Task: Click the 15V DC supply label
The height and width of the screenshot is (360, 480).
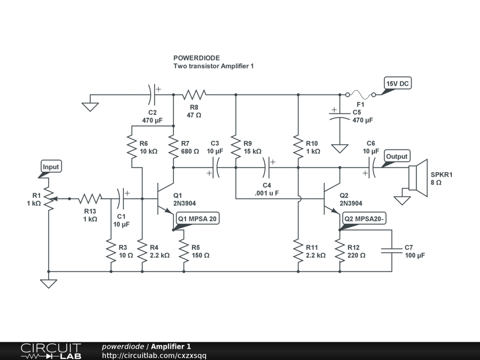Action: [x=397, y=83]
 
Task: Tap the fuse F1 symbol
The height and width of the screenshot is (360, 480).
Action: [x=360, y=95]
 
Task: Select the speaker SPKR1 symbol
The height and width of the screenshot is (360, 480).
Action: [x=418, y=178]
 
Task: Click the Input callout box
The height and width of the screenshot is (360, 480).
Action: [x=51, y=166]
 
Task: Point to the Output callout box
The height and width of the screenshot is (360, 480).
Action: [x=397, y=156]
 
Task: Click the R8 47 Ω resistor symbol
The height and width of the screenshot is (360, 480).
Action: [x=194, y=95]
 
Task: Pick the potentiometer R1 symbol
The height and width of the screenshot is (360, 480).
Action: [x=49, y=199]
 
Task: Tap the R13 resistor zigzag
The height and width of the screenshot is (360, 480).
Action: [x=90, y=199]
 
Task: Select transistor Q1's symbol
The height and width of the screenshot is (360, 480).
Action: [x=165, y=198]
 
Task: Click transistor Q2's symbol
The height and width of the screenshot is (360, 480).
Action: [x=332, y=198]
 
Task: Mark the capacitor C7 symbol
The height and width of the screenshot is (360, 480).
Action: [x=391, y=250]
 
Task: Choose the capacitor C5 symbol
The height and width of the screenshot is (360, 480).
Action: [x=339, y=116]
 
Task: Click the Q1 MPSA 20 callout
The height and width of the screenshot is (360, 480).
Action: [x=197, y=218]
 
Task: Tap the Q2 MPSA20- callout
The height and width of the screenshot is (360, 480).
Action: [x=364, y=218]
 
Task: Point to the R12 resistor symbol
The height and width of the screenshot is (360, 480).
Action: [x=339, y=251]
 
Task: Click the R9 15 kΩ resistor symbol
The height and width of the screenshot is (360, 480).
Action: [x=236, y=147]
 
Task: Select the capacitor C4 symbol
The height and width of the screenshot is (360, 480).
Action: [x=267, y=167]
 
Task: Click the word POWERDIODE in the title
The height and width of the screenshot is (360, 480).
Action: [x=196, y=58]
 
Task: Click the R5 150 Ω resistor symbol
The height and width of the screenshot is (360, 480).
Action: [x=184, y=251]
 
